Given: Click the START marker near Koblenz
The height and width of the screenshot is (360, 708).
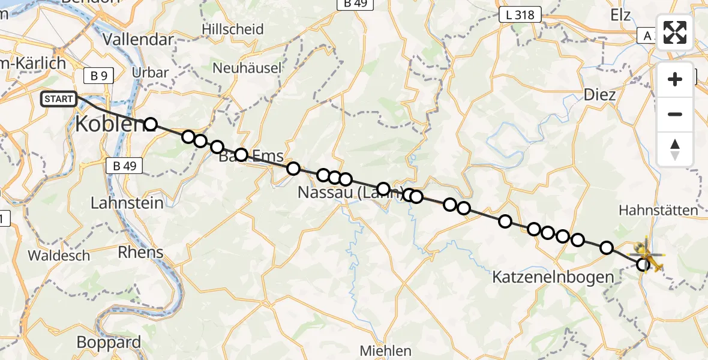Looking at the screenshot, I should (x=59, y=98).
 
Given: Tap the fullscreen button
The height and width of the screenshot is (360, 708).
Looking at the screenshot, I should (x=675, y=32).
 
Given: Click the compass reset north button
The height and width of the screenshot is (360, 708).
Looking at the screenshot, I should (x=675, y=149).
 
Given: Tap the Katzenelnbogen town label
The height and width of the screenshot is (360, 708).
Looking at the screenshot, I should (x=553, y=277).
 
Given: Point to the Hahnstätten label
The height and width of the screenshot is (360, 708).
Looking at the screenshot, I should (x=658, y=210).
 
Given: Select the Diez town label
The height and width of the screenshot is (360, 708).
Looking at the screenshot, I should (x=599, y=95).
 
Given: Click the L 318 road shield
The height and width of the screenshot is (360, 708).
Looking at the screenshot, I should (x=520, y=15).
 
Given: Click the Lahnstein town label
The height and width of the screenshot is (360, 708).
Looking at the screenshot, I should (x=127, y=203).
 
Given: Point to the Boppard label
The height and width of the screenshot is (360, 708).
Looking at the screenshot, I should (x=109, y=343).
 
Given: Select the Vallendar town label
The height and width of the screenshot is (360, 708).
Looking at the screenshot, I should (x=139, y=40).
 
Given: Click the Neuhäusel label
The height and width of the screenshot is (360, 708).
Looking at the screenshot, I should (x=247, y=68).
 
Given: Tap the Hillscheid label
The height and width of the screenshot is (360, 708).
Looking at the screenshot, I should (x=233, y=29).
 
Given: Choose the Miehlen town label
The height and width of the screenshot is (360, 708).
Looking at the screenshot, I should (x=386, y=350).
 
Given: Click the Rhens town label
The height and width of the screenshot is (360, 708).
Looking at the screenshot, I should (x=140, y=252).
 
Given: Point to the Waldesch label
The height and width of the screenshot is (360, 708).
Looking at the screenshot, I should (x=58, y=256).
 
